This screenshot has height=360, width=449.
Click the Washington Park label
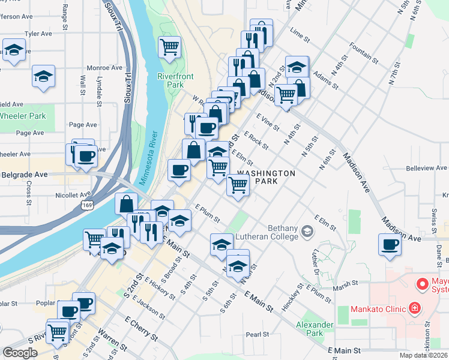click(x=266, y=177)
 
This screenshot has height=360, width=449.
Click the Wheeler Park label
click(x=22, y=116)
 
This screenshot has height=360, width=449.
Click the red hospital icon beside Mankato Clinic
click(x=414, y=309)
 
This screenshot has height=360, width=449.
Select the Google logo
click(x=20, y=352)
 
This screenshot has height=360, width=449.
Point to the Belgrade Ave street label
click(x=24, y=175)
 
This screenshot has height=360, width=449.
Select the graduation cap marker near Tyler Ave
click(x=14, y=50)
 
